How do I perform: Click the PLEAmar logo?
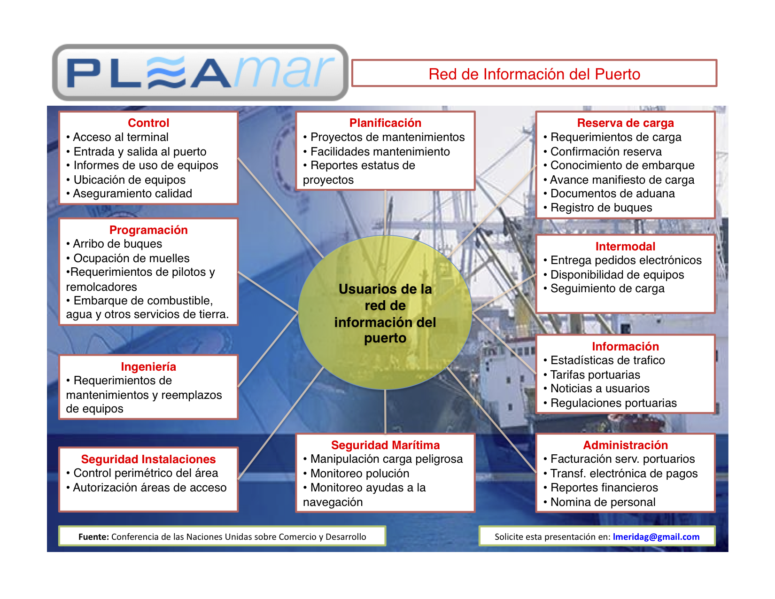click(200, 73)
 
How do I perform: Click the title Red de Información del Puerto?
click(534, 74)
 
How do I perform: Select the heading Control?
click(148, 123)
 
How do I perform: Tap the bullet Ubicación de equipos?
click(129, 180)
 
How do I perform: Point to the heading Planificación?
click(385, 123)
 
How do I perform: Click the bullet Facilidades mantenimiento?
click(380, 152)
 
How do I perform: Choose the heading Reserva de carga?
click(625, 123)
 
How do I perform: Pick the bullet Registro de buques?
click(601, 208)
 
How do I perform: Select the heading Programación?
click(148, 230)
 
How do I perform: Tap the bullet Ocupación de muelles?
click(132, 258)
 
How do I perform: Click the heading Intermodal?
click(625, 247)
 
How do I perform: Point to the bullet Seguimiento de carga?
click(607, 288)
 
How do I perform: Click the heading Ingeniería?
click(148, 367)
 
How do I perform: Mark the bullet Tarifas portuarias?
click(595, 375)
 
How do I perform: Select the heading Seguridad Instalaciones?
click(148, 459)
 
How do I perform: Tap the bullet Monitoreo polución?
click(360, 474)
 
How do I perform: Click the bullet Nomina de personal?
click(603, 502)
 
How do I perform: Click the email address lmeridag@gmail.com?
click(656, 537)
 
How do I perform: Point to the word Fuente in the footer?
click(93, 537)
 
